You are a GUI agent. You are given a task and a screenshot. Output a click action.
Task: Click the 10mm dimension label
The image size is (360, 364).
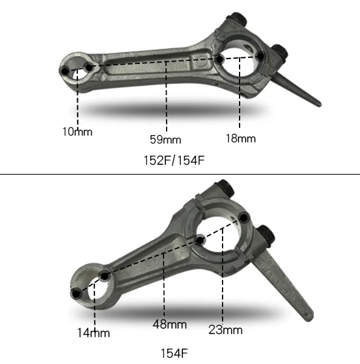click(x=77, y=131)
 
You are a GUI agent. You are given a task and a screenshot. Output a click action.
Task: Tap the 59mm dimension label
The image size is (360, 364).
click(x=165, y=139)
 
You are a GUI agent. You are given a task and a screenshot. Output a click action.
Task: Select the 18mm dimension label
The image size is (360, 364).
click(x=240, y=138)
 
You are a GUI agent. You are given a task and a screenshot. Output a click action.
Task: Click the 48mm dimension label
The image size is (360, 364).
click(x=169, y=324)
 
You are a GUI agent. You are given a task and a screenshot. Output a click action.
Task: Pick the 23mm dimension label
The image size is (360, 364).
click(x=225, y=330)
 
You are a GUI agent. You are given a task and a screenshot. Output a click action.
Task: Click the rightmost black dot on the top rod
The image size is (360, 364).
click(x=260, y=56)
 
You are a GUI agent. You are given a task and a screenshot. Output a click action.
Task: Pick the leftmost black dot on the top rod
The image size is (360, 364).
click(x=64, y=72)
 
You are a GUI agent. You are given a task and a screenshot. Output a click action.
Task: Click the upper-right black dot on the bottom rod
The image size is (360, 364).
click(x=244, y=217)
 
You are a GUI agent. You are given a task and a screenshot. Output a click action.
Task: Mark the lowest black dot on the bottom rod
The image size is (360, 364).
click(x=75, y=294)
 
